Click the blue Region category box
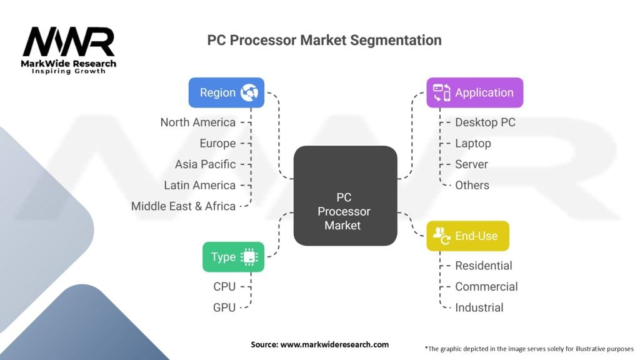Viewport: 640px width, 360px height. pos(226,92)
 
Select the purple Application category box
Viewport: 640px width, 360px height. pos(475,92)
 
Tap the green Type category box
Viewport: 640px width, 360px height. pos(234,257)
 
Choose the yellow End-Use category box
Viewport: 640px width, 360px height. pos(467,236)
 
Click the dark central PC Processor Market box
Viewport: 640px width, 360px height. pos(345,196)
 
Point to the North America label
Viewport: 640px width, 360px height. pos(198,122)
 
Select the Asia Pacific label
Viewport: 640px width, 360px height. pos(205,164)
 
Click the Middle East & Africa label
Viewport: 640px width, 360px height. pos(183,206)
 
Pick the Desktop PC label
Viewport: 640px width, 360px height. pos(485,122)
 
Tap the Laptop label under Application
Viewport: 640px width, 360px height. pos(473,144)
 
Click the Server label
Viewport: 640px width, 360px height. pos(471,164)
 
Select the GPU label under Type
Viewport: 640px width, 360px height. pos(224,307)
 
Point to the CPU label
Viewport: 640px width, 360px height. pos(224,286)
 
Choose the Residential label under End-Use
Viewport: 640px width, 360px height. pos(484,266)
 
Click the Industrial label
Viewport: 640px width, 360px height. pos(479,307)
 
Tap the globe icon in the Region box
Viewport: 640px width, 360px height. pos(249,92)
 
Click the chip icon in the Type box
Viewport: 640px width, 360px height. pos(249,257)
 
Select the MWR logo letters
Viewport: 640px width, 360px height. pos(69,42)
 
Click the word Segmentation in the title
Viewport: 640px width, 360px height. pos(396,41)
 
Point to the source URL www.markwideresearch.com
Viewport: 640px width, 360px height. pos(334,344)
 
